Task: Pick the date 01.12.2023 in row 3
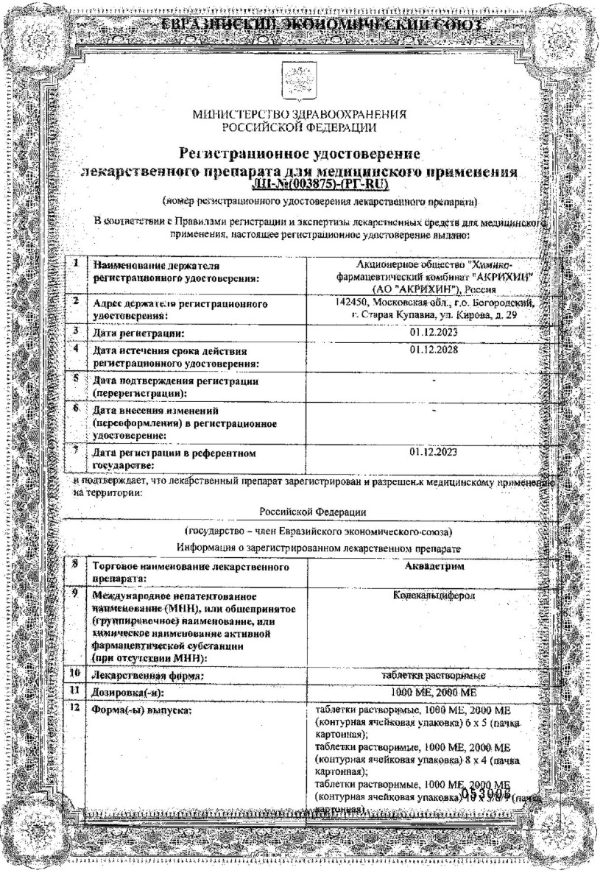[434, 333]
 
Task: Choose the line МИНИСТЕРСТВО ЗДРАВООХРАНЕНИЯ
[300, 116]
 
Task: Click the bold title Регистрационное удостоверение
[300, 155]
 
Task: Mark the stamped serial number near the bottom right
[485, 793]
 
